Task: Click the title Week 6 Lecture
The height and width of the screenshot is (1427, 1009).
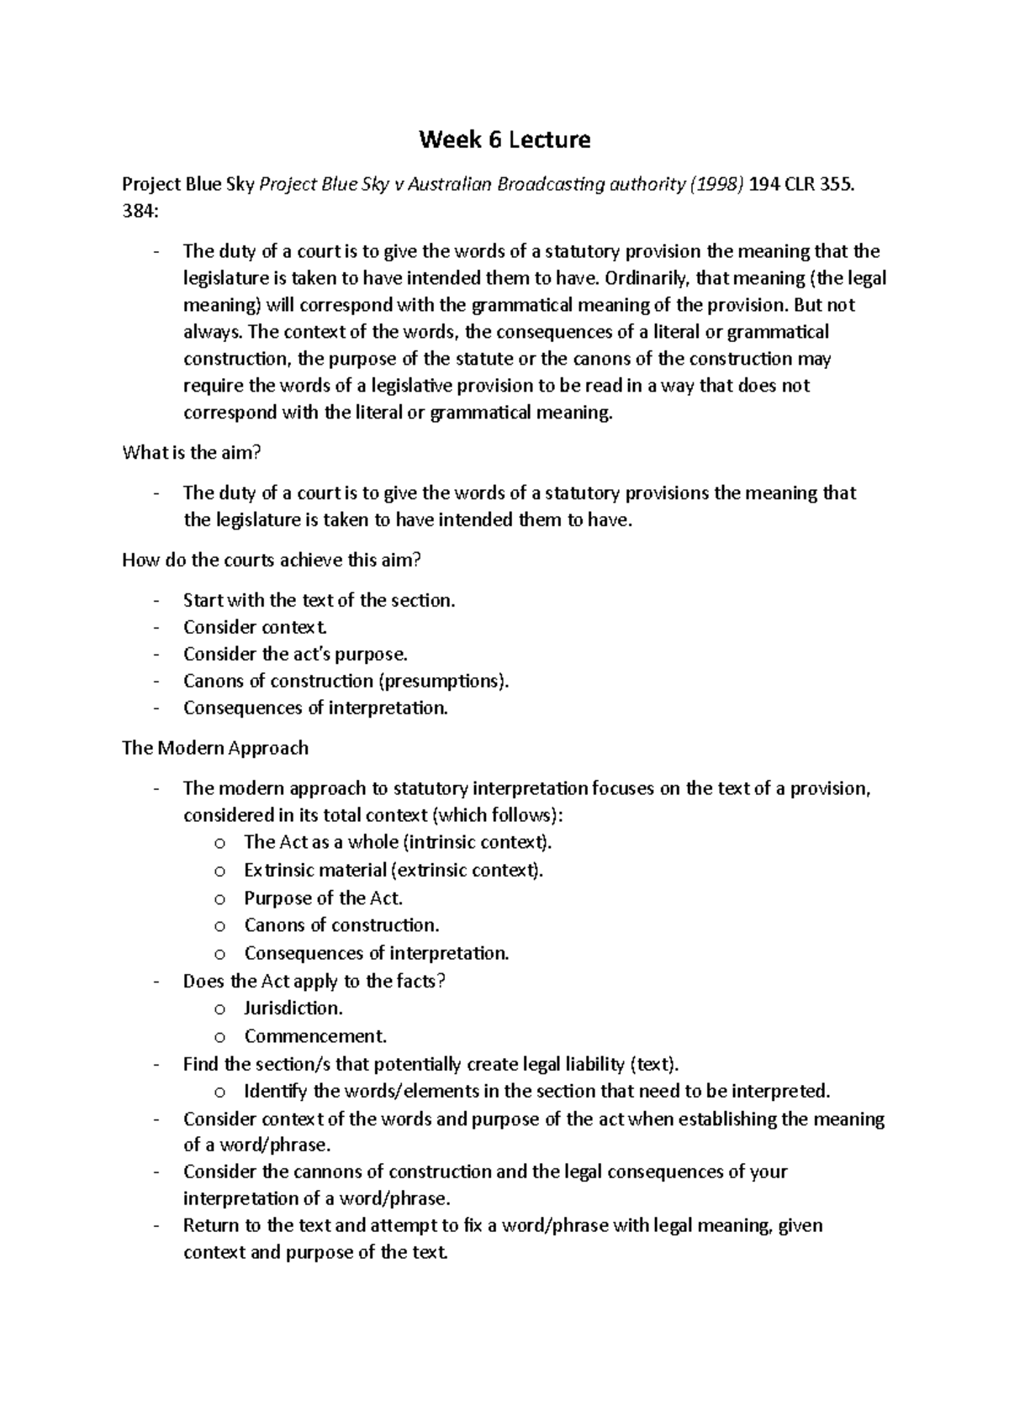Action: pos(504,140)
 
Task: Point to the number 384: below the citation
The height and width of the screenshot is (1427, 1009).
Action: pos(139,213)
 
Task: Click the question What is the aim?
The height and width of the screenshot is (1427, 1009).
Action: pos(192,453)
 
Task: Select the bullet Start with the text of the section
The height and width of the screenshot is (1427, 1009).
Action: pos(319,601)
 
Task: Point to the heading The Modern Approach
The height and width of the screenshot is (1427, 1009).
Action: pos(215,748)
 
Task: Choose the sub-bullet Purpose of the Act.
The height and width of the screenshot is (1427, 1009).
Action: pos(323,898)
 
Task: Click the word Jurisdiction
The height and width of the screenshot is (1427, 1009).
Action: pos(293,1008)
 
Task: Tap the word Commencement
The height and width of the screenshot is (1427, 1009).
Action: pos(314,1036)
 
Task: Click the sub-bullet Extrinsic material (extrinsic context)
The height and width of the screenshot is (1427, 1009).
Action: pos(394,871)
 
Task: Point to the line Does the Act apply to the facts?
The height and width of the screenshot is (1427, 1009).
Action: pos(314,982)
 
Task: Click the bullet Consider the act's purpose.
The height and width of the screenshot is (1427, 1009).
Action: pos(295,655)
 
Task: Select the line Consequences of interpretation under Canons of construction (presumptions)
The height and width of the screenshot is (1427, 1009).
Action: pos(315,708)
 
